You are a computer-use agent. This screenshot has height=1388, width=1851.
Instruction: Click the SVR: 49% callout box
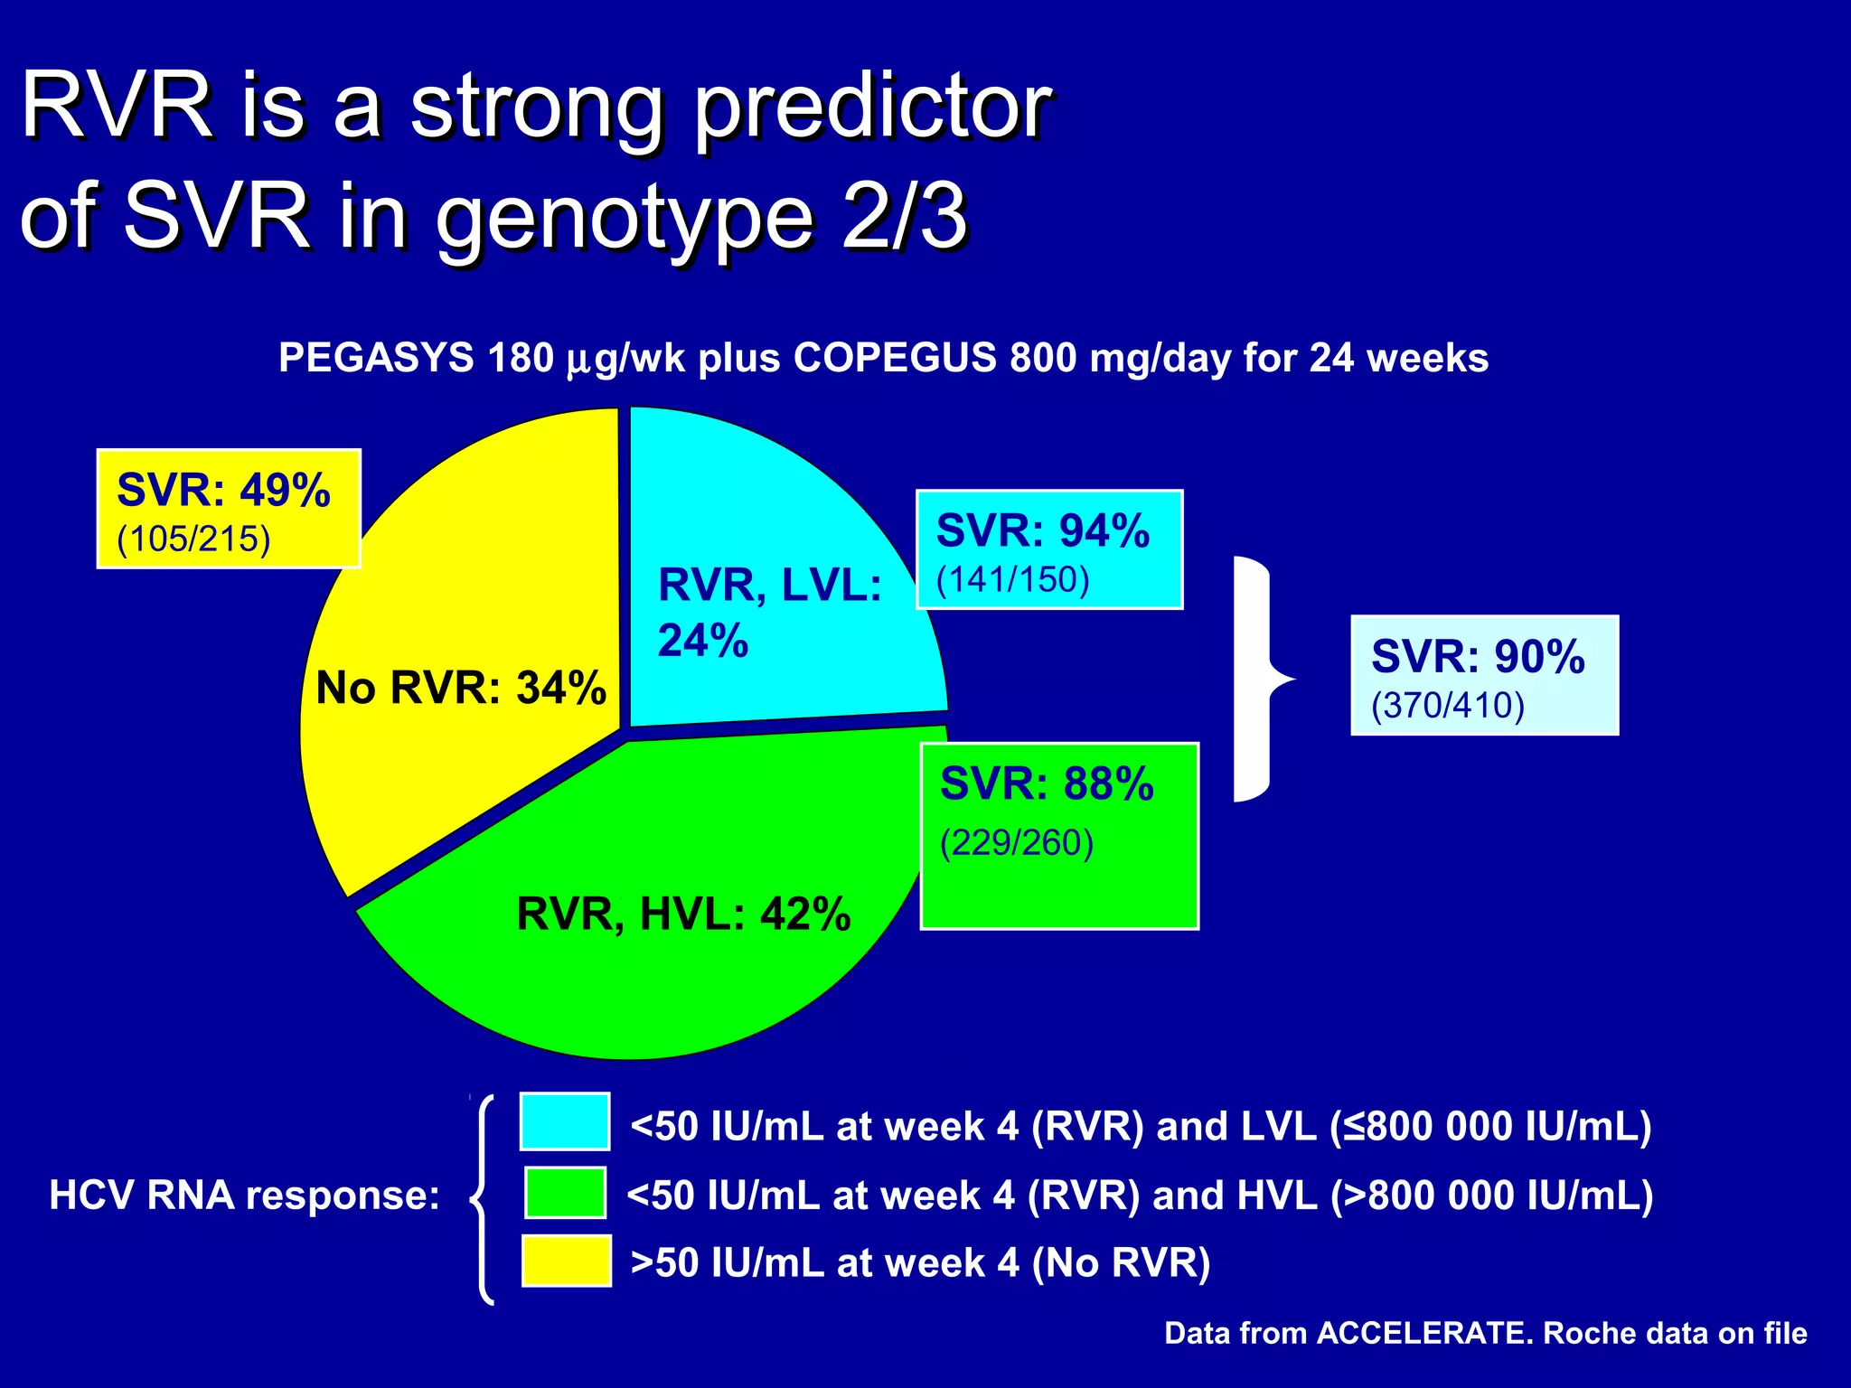click(229, 509)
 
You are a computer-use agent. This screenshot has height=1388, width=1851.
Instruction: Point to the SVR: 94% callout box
click(1049, 549)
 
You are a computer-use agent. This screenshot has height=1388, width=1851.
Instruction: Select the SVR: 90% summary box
click(1484, 675)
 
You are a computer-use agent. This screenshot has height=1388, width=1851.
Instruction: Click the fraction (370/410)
click(1447, 706)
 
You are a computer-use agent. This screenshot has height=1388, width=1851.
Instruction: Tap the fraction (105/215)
click(193, 539)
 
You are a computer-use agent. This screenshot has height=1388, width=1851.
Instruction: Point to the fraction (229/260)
click(1017, 843)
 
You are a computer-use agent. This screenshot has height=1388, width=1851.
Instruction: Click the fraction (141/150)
click(1012, 580)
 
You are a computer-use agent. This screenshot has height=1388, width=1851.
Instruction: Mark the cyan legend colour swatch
click(565, 1121)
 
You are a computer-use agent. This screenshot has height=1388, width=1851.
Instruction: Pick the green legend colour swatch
click(565, 1193)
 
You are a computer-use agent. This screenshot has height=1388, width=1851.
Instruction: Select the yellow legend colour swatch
click(566, 1261)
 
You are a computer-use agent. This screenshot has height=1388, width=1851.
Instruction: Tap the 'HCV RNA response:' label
click(244, 1196)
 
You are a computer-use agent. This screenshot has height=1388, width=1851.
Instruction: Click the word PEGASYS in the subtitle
click(376, 358)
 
